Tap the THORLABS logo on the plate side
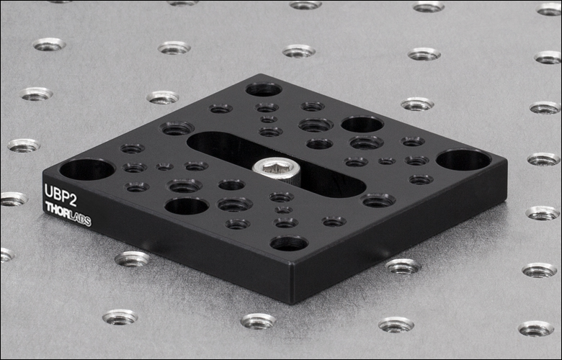tap(68, 214)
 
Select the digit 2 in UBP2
tap(72, 201)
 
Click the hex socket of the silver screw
tap(275, 165)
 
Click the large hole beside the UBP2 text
tap(87, 169)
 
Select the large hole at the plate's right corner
tap(463, 160)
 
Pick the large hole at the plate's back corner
tap(264, 89)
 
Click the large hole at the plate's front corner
tap(289, 243)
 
